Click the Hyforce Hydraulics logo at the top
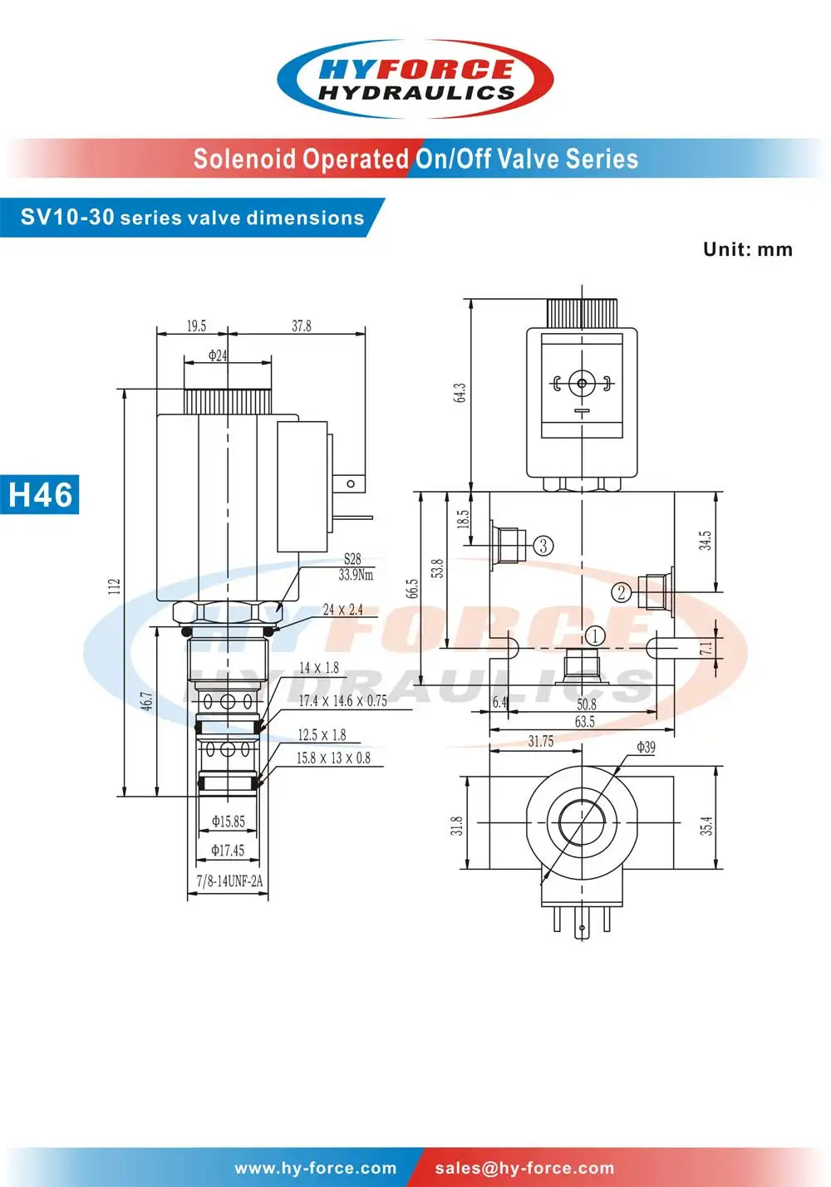coord(415,80)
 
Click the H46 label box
coord(40,495)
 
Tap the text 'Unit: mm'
coord(747,249)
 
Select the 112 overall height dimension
coord(114,586)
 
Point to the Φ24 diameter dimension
coord(217,356)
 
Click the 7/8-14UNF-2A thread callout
coord(229,881)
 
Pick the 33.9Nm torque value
coord(356,575)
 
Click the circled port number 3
coord(543,546)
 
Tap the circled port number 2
coord(622,592)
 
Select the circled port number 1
coord(595,636)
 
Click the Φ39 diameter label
coord(646,747)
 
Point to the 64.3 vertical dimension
coord(460,393)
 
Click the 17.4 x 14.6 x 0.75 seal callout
coord(342,701)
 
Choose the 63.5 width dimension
coord(585,722)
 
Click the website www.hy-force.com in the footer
coord(316,1168)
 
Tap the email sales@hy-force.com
coord(524,1168)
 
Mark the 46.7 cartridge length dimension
coord(146,701)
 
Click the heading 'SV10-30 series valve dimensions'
coord(192,218)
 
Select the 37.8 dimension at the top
coord(302,326)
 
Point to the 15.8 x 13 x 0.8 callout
coord(333,758)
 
